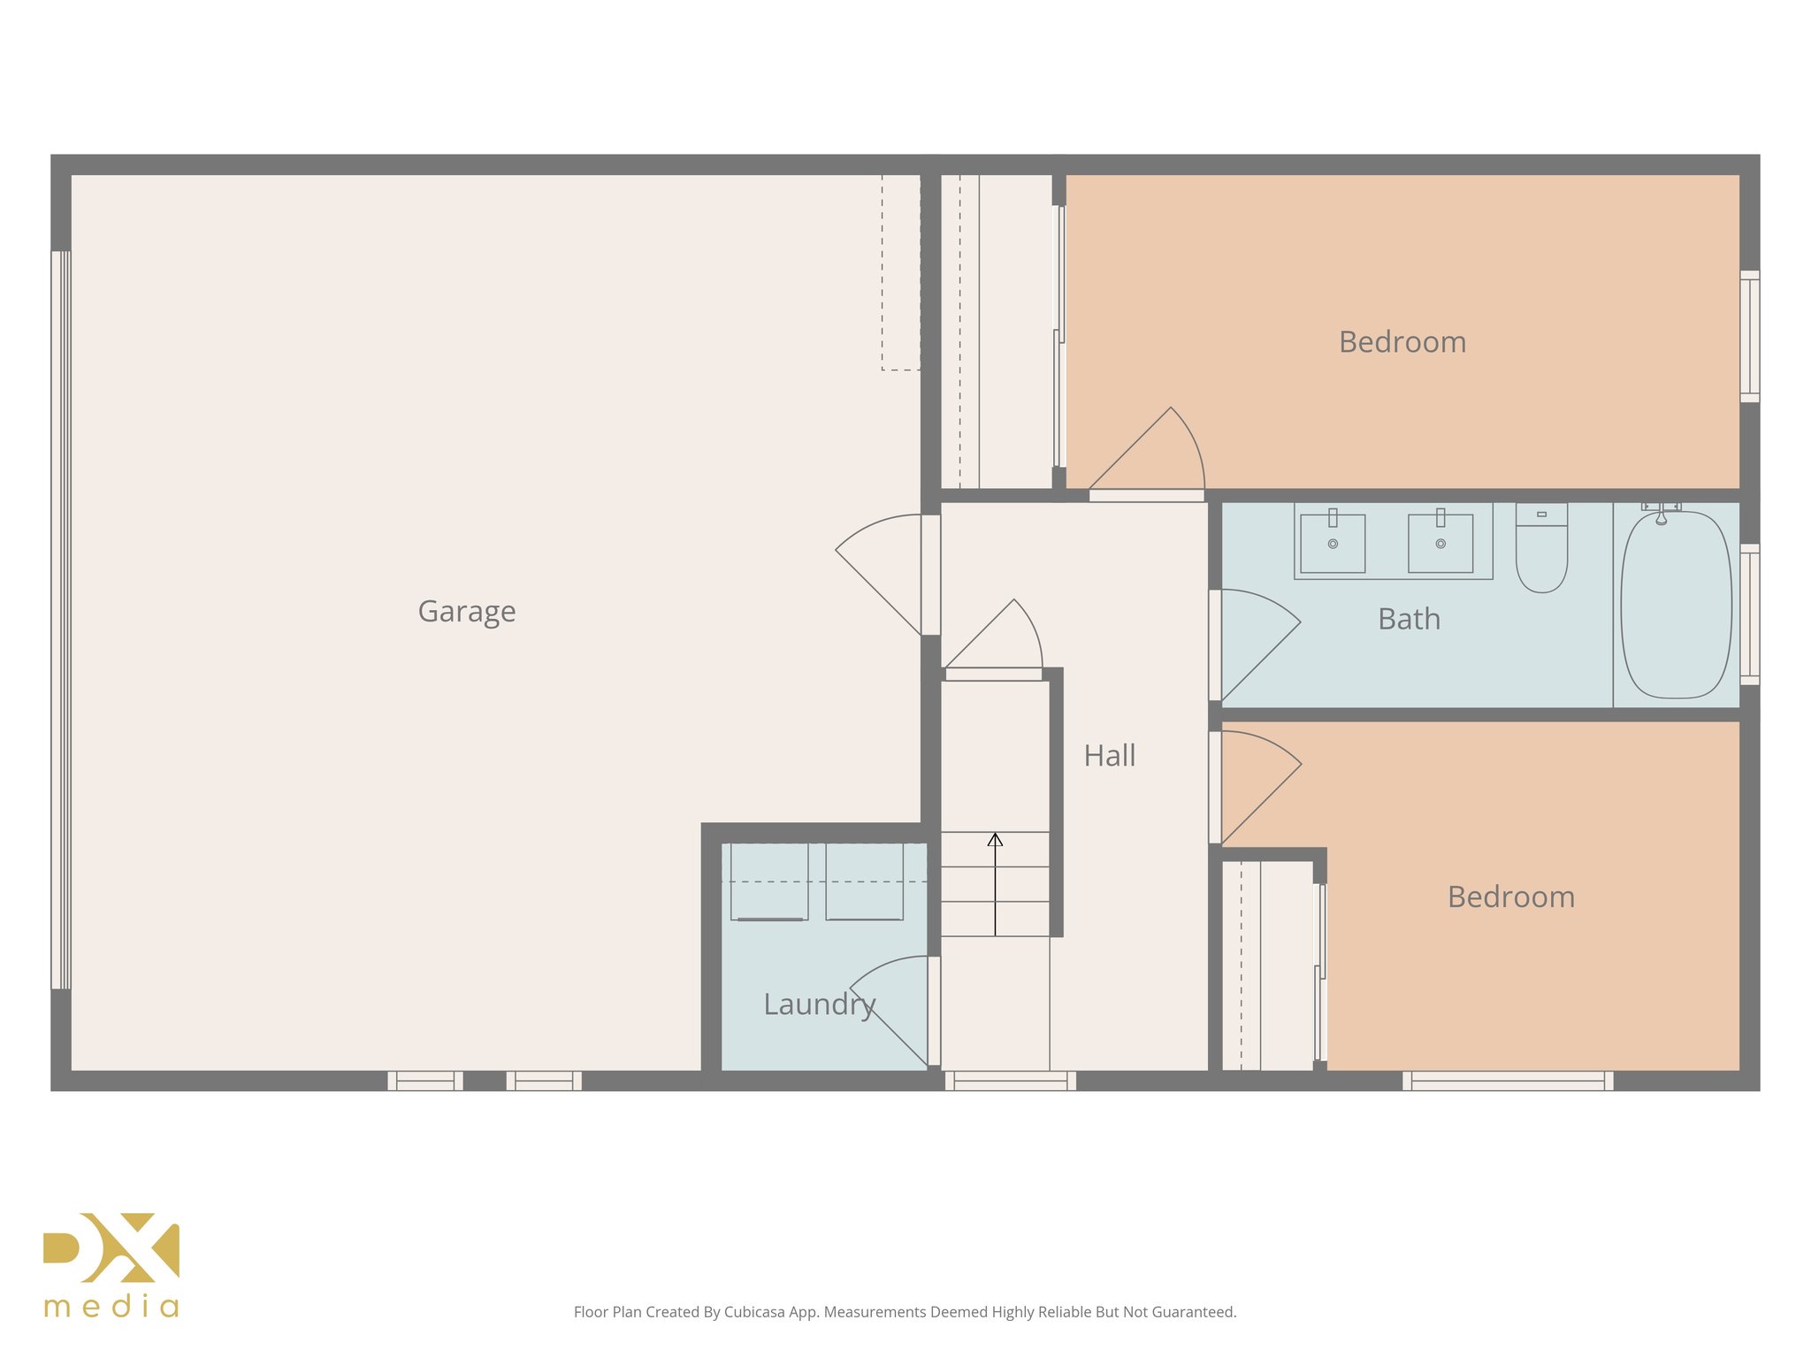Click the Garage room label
pyautogui.click(x=466, y=612)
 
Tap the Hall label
pyautogui.click(x=1109, y=756)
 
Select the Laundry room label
pyautogui.click(x=819, y=1004)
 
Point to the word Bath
pyautogui.click(x=1409, y=619)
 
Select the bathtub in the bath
pyautogui.click(x=1676, y=605)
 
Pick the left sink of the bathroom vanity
pyautogui.click(x=1333, y=543)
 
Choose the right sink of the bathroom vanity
pyautogui.click(x=1440, y=543)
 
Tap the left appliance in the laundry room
pyautogui.click(x=769, y=882)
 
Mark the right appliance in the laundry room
pyautogui.click(x=864, y=882)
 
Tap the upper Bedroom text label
pyautogui.click(x=1402, y=342)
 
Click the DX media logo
pyautogui.click(x=111, y=1264)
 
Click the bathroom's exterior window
pyautogui.click(x=1749, y=614)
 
